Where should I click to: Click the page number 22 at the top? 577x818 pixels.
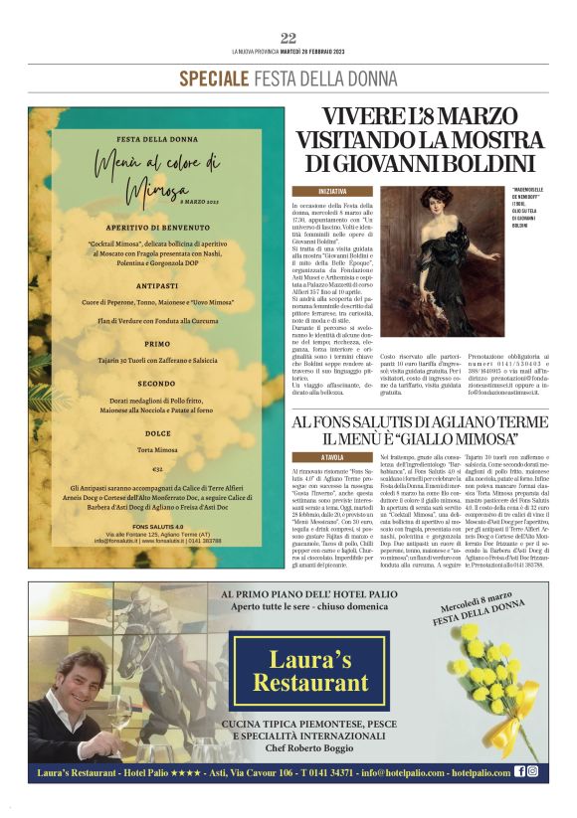click(288, 38)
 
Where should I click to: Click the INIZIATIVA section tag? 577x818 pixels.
click(333, 190)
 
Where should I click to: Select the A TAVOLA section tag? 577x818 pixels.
click(333, 456)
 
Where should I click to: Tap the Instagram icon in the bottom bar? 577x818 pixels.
click(533, 771)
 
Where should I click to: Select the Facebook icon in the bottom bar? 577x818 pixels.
click(520, 771)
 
